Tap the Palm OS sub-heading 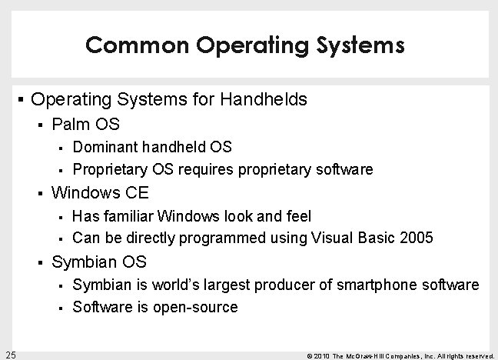85,124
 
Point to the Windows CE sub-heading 100,192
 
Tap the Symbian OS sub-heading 98,262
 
